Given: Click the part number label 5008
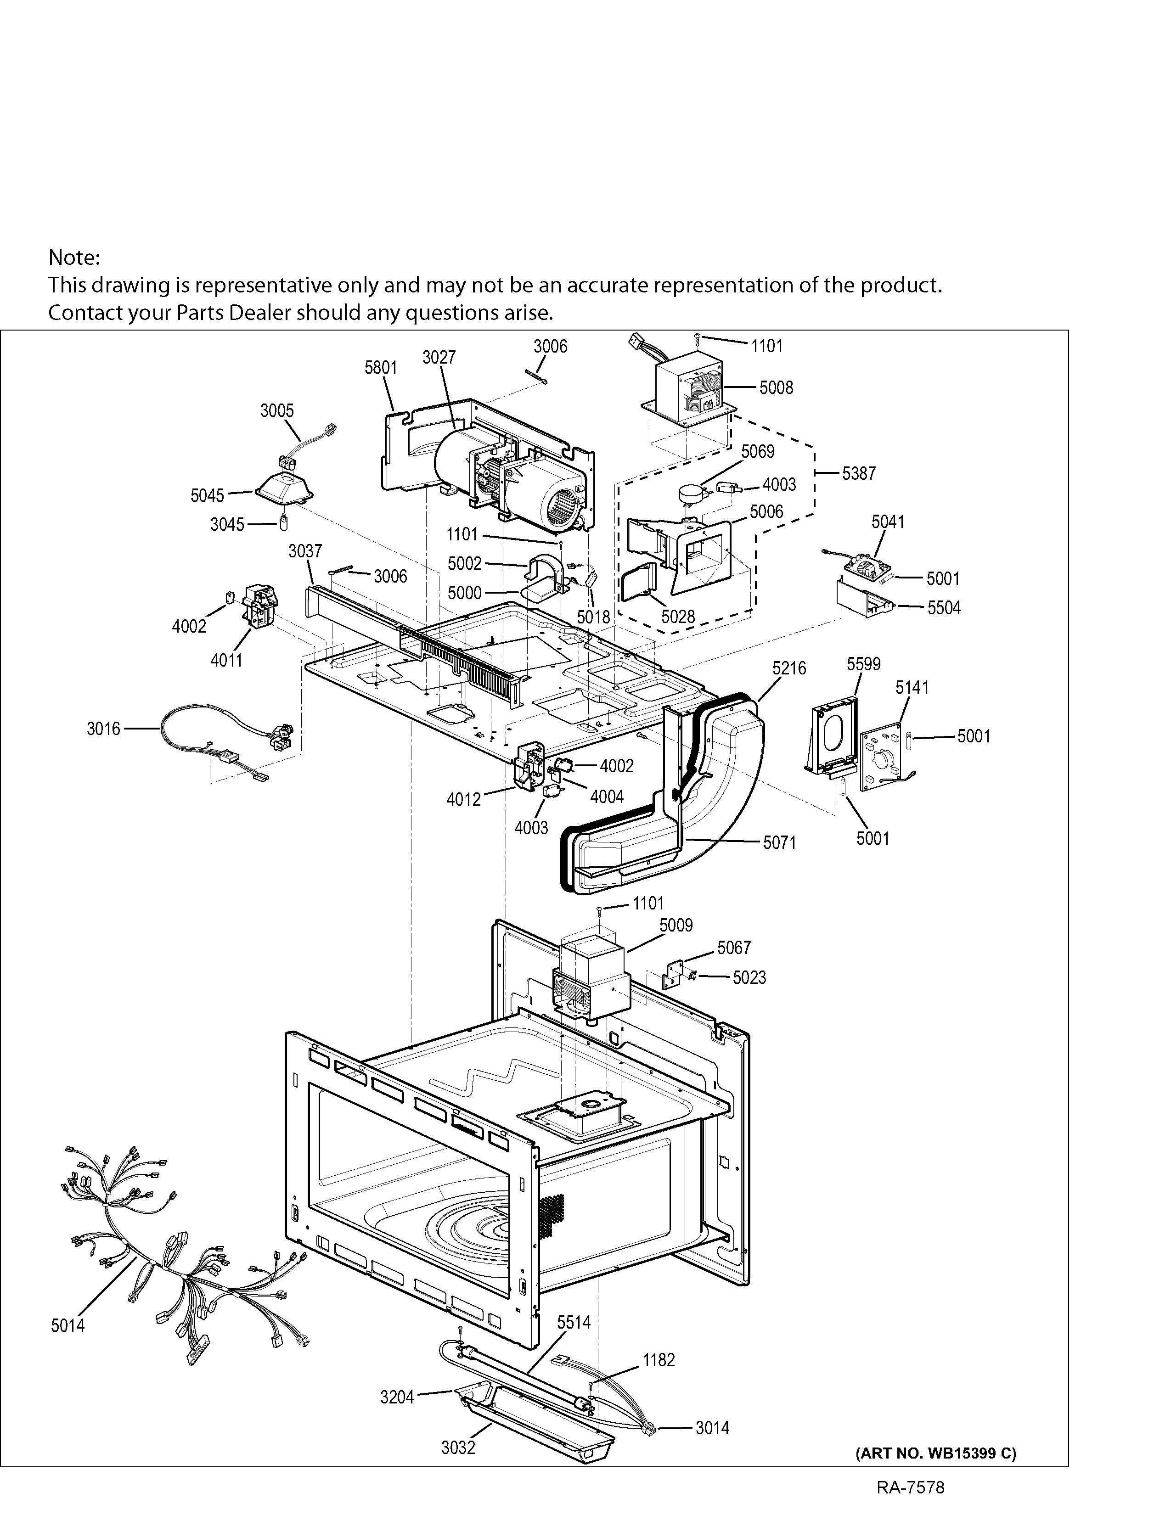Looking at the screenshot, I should tap(776, 388).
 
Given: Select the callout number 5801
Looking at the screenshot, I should tap(381, 368).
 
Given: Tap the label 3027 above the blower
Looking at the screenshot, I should tap(439, 357).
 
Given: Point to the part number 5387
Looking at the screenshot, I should tap(859, 474).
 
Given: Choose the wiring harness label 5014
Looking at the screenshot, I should tap(68, 1326).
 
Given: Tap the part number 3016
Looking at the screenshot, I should tap(103, 729).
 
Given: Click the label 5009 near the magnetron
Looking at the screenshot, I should tap(676, 926).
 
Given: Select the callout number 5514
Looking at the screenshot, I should tap(574, 1322).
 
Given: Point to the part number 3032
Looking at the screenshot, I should tap(458, 1447).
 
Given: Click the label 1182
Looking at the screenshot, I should tap(659, 1360).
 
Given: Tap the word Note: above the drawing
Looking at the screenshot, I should tap(74, 258).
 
